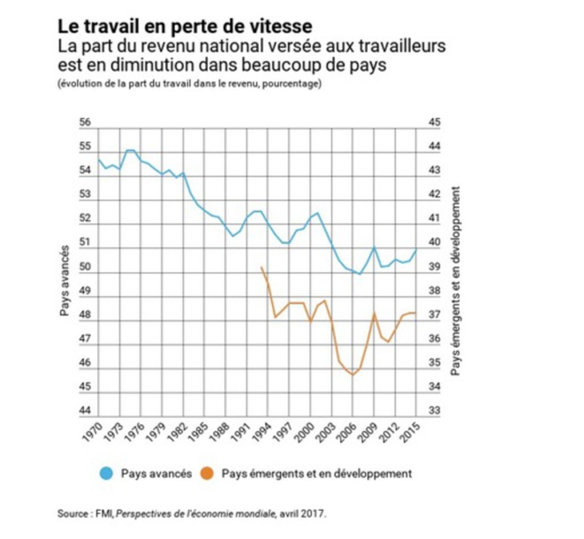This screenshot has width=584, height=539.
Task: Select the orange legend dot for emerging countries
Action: coord(207,473)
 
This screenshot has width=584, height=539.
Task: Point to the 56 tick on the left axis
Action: coord(85,122)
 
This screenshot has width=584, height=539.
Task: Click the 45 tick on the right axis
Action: coord(434,122)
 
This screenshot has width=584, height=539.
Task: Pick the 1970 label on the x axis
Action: coord(93,433)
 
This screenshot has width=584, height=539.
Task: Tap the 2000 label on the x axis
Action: coord(304,433)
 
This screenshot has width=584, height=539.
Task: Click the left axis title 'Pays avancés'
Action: coord(65,280)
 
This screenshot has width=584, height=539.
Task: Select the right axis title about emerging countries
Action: coord(456,281)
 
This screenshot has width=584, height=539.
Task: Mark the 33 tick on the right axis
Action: coord(434,410)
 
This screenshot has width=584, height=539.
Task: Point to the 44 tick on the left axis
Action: coord(85,410)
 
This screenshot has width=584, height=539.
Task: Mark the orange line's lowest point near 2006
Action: coord(353,375)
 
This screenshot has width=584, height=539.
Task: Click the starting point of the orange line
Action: coord(261,267)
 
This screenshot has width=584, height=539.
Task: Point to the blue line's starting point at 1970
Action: coord(98,160)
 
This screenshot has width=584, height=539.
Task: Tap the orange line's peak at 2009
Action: coord(374,313)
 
